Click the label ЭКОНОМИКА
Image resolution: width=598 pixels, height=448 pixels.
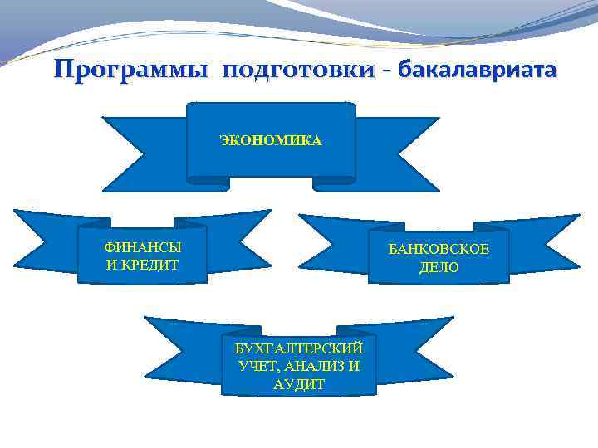pyautogui.click(x=271, y=141)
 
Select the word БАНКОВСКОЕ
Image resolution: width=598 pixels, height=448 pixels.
pyautogui.click(x=439, y=251)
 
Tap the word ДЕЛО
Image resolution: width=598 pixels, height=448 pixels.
pyautogui.click(x=439, y=268)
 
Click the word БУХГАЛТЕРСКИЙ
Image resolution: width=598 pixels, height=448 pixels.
pyautogui.click(x=299, y=348)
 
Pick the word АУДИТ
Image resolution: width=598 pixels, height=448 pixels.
pyautogui.click(x=299, y=384)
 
